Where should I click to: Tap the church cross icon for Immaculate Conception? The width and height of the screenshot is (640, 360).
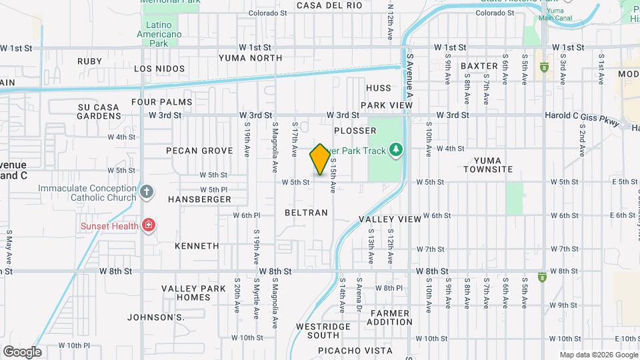click(x=147, y=193)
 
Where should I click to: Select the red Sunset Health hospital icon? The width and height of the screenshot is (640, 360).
click(x=148, y=225)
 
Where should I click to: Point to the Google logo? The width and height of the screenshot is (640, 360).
click(x=22, y=352)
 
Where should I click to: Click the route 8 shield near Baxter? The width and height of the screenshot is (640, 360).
click(x=544, y=67)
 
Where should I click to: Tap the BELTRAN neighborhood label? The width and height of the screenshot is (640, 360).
click(x=306, y=213)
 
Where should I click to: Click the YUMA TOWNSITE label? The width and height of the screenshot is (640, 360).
click(x=493, y=165)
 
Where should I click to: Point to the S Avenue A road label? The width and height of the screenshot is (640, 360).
click(x=410, y=77)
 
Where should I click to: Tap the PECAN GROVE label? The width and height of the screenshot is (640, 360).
click(x=199, y=151)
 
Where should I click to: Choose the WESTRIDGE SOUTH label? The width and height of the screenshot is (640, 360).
click(x=323, y=331)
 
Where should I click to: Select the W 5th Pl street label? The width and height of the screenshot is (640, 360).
click(x=215, y=190)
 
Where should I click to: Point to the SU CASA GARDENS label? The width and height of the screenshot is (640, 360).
click(x=99, y=111)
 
